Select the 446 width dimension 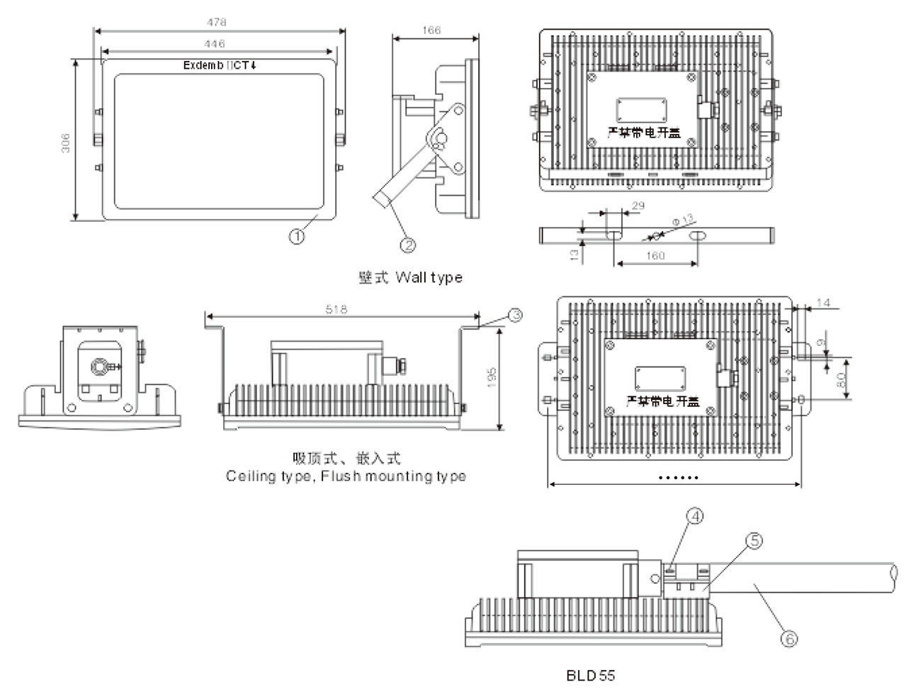click(x=217, y=44)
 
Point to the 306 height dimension click(x=65, y=143)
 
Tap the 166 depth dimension click(x=431, y=30)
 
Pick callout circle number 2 click(x=407, y=245)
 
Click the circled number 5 click(x=754, y=541)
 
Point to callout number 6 click(x=788, y=638)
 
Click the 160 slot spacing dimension click(x=656, y=256)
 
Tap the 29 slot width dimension click(x=637, y=206)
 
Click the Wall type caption click(x=410, y=277)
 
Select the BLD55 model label click(x=590, y=676)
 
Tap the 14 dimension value click(x=823, y=303)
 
